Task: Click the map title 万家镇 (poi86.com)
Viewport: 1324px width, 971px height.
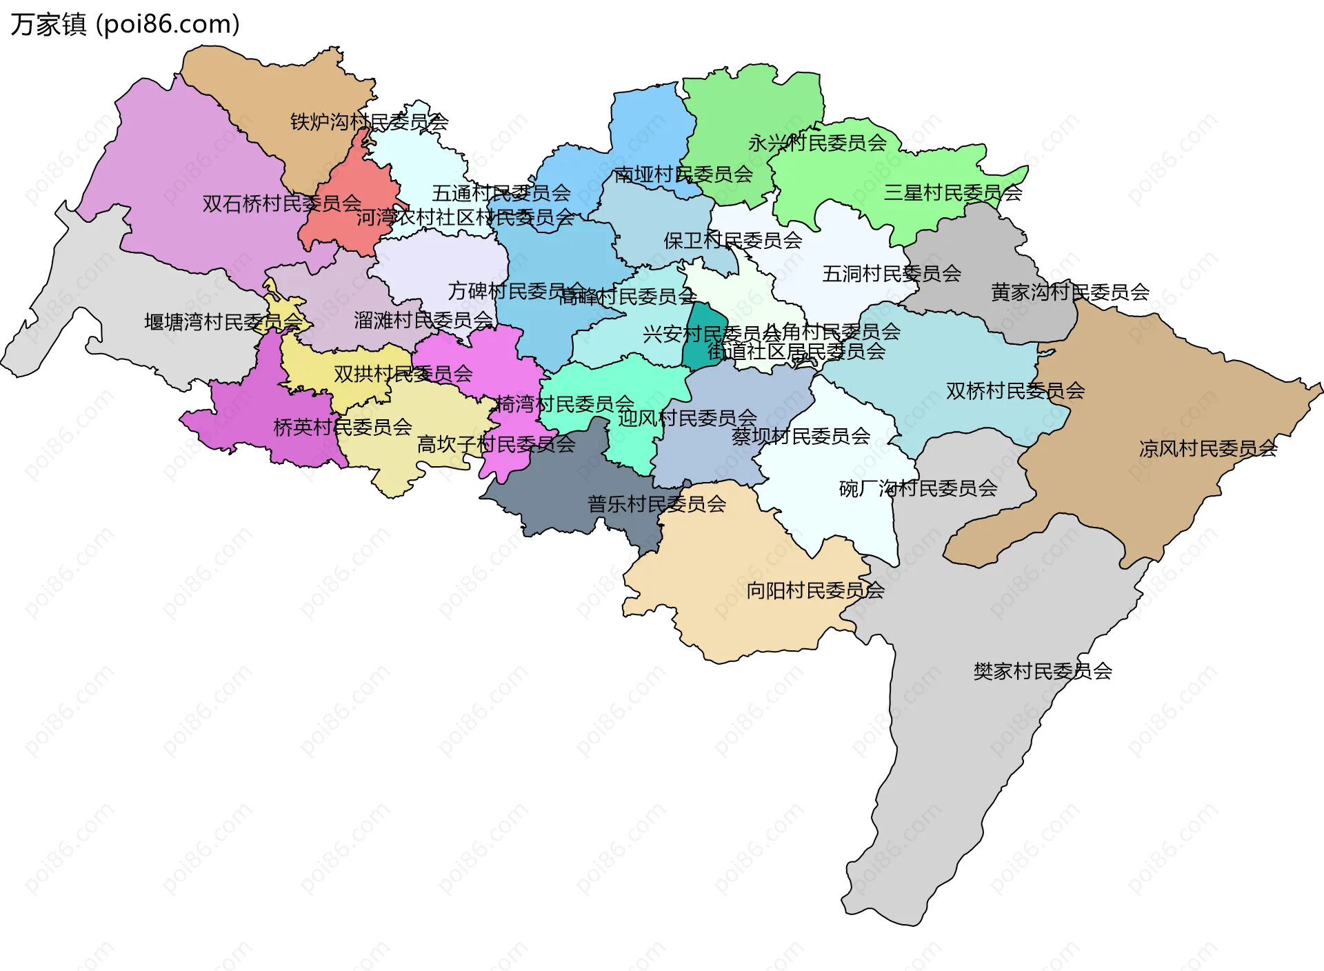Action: [x=125, y=24]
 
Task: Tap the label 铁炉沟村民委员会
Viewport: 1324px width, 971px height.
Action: [x=369, y=122]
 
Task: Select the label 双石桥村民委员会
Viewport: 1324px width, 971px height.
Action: [x=281, y=203]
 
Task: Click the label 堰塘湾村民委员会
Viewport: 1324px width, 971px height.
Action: [x=223, y=322]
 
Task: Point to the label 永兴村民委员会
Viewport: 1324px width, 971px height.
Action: [x=817, y=143]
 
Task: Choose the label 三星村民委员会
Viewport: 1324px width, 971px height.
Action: [x=952, y=192]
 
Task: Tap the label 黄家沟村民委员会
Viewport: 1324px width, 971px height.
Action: [x=1070, y=292]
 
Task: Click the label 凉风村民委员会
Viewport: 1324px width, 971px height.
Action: [x=1207, y=449]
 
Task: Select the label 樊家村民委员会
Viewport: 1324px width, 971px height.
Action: [x=1042, y=671]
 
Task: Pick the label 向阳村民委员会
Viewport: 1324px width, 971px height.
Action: [x=815, y=590]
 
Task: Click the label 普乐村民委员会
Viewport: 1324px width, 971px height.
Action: [x=656, y=504]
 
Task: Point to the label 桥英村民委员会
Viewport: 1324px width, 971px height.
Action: [x=343, y=428]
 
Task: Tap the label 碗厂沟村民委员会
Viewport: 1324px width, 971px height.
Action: [x=918, y=488]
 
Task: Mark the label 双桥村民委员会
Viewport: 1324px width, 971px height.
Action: [x=1015, y=391]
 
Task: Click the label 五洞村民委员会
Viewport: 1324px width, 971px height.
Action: [x=891, y=274]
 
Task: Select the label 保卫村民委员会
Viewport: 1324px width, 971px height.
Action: [x=732, y=241]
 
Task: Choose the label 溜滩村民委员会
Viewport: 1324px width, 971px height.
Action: [x=423, y=320]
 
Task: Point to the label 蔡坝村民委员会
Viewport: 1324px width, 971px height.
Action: [x=801, y=436]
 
